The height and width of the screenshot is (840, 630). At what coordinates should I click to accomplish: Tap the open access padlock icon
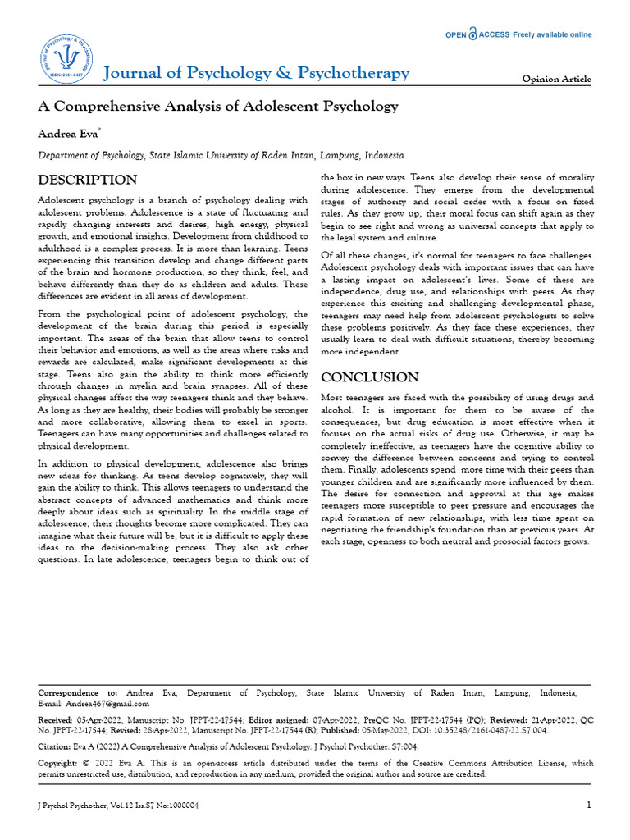pyautogui.click(x=472, y=34)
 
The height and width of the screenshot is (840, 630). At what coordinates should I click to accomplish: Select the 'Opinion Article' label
pyautogui.click(x=556, y=79)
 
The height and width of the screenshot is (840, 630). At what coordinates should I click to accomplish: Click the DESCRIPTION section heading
pyautogui.click(x=88, y=180)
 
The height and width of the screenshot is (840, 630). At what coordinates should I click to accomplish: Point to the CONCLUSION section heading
pyautogui.click(x=370, y=377)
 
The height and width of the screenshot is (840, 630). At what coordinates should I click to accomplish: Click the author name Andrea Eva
pyautogui.click(x=68, y=132)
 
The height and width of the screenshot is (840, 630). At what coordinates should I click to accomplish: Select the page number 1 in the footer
pyautogui.click(x=588, y=805)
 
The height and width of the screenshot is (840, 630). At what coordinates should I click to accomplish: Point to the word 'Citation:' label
pyautogui.click(x=54, y=747)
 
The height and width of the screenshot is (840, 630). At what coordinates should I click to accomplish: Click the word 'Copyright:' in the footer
pyautogui.click(x=59, y=763)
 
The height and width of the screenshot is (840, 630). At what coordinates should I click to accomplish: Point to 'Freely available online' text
pyautogui.click(x=552, y=34)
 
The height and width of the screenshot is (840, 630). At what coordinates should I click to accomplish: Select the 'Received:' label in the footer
pyautogui.click(x=56, y=719)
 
